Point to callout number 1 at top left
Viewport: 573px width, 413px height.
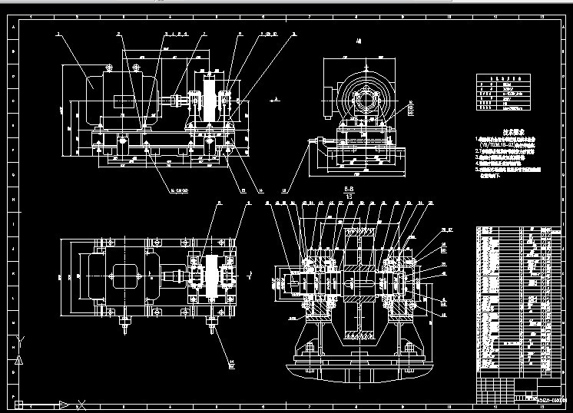pos(58,35)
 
